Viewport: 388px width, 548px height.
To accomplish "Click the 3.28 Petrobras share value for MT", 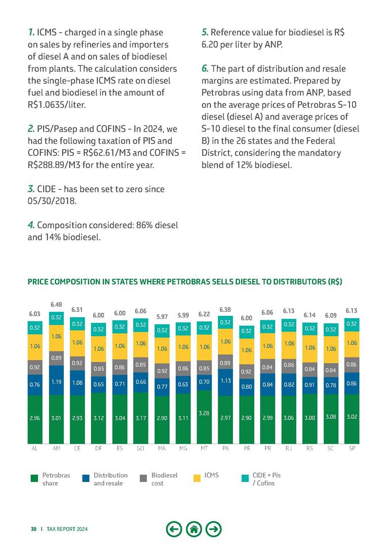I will coord(204,413).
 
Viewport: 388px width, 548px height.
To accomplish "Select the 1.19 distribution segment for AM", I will coord(56,383).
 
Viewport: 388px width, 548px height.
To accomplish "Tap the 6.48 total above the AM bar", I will coord(56,304).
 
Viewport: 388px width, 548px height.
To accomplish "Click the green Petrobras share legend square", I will coord(34,478).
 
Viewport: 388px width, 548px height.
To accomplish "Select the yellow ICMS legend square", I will coord(198,478).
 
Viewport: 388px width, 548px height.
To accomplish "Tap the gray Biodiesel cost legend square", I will coord(143,478).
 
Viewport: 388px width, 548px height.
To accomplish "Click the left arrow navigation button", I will coord(174,529).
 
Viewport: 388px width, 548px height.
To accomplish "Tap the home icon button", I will coord(194,529).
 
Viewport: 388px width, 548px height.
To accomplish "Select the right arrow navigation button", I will coord(214,529).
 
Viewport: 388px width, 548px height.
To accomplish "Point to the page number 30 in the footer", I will coord(33,529).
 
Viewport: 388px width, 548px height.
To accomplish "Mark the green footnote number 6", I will coord(205,68).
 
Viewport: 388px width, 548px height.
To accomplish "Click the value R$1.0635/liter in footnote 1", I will coord(55,104).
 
